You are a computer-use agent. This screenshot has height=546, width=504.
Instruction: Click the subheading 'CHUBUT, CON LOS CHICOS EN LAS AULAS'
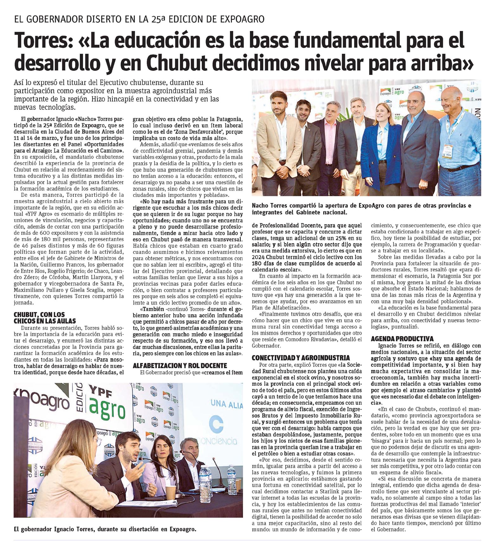(x=45, y=317)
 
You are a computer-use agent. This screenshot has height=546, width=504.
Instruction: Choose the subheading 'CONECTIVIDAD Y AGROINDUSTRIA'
(x=301, y=358)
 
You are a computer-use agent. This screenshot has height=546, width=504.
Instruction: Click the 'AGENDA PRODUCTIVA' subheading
(x=402, y=339)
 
